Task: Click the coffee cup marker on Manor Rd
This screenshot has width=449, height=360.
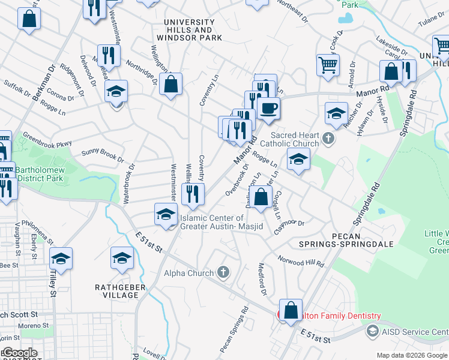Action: pyautogui.click(x=268, y=109)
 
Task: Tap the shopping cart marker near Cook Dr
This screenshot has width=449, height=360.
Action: pyautogui.click(x=328, y=64)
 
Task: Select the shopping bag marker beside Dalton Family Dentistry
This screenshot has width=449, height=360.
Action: pyautogui.click(x=291, y=311)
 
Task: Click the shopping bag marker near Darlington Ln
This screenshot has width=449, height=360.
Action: pyautogui.click(x=261, y=197)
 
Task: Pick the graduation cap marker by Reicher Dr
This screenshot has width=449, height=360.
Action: pyautogui.click(x=337, y=112)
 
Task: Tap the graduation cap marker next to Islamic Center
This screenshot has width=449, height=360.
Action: pyautogui.click(x=166, y=214)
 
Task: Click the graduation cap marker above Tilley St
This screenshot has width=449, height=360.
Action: pyautogui.click(x=61, y=259)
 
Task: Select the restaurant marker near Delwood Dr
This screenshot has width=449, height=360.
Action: pyautogui.click(x=108, y=56)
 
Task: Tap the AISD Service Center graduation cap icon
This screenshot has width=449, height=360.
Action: pyautogui.click(x=372, y=332)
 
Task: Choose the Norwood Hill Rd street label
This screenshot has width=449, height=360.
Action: pyautogui.click(x=300, y=260)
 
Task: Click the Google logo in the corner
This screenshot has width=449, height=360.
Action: pyautogui.click(x=19, y=353)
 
